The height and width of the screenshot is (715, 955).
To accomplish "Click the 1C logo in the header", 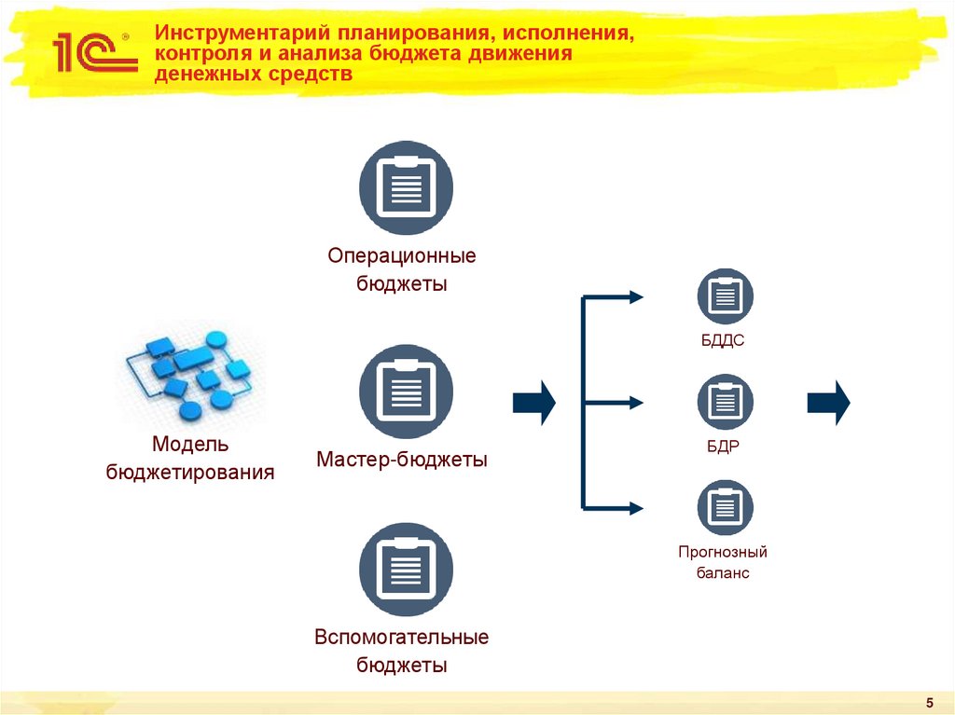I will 90,52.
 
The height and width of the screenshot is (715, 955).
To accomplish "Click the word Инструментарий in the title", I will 229,34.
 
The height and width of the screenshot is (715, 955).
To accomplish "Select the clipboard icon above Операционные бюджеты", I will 406,187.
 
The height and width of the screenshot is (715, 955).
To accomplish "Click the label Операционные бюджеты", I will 402,269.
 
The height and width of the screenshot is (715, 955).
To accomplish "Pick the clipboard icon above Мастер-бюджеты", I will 406,392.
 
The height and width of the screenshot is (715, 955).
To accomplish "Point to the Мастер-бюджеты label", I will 402,460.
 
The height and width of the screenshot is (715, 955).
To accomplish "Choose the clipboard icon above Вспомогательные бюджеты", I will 406,570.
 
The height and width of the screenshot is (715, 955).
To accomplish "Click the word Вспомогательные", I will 402,638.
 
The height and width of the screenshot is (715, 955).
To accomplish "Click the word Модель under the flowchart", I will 190,446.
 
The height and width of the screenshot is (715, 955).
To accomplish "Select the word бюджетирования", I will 190,473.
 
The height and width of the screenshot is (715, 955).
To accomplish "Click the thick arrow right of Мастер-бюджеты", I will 533,403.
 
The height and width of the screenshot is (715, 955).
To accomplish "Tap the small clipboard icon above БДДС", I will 725,296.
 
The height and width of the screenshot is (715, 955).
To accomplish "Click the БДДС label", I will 723,341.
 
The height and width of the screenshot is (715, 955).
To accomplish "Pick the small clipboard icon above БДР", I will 725,402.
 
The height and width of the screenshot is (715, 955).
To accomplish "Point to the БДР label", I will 723,447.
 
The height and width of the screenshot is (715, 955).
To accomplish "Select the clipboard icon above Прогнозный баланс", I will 725,507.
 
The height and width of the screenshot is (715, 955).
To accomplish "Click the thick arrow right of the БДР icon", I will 828,403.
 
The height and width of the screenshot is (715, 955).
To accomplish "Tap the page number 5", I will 929,701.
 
